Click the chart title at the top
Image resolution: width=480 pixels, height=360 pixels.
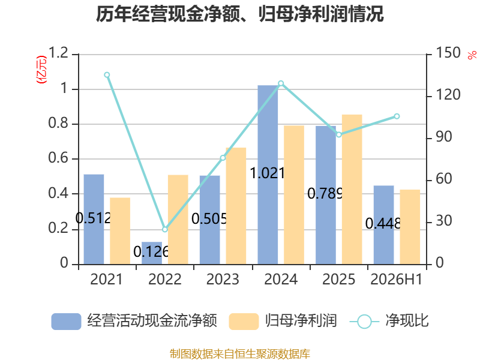click(x=239, y=14)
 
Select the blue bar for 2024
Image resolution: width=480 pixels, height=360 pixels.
click(x=268, y=175)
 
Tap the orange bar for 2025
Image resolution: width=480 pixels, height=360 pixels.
click(x=352, y=190)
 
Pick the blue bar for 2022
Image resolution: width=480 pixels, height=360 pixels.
click(x=152, y=253)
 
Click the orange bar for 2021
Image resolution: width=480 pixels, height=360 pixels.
click(x=120, y=231)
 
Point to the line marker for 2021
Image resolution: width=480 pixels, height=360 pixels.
click(x=107, y=75)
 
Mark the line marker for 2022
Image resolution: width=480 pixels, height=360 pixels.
click(x=165, y=229)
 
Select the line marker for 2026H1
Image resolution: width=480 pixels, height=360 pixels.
click(x=397, y=116)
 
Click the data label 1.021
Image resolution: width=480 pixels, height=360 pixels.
click(x=268, y=173)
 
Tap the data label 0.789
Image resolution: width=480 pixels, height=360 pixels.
click(x=325, y=193)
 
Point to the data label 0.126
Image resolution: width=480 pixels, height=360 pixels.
click(x=151, y=252)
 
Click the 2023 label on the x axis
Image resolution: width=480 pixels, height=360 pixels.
click(x=223, y=280)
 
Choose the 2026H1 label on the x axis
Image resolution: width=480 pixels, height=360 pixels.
click(x=397, y=280)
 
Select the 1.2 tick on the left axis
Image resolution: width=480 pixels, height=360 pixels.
click(x=58, y=53)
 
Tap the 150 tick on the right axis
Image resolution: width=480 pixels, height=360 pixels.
click(x=448, y=53)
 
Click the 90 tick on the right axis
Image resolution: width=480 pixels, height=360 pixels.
click(x=444, y=137)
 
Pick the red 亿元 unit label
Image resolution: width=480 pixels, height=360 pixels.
click(x=41, y=70)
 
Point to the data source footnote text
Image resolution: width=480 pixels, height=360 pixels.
click(x=240, y=354)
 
